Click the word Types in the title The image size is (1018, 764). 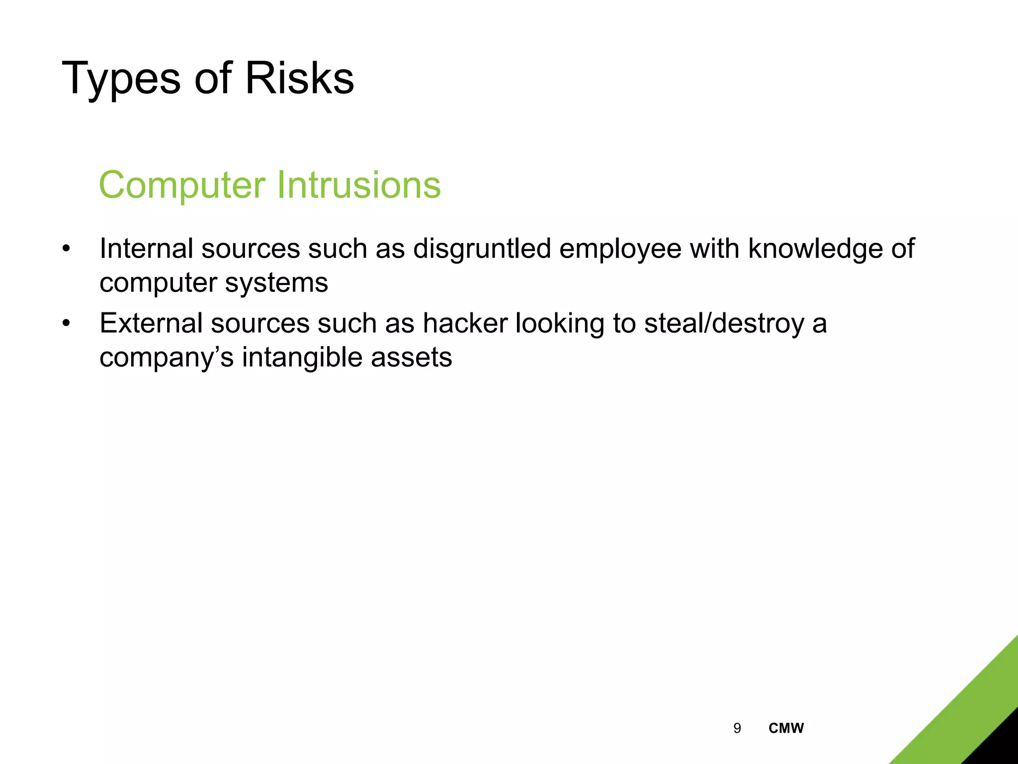tap(121, 79)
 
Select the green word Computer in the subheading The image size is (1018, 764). tap(182, 185)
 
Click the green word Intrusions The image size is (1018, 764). tap(358, 185)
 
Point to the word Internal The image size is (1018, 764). tap(146, 248)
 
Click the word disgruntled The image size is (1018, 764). tap(482, 248)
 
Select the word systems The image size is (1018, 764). tap(276, 283)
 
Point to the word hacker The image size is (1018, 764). tap(465, 323)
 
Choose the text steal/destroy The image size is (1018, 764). tap(724, 323)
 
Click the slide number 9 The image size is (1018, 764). tap(737, 728)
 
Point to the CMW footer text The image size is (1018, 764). tap(786, 728)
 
